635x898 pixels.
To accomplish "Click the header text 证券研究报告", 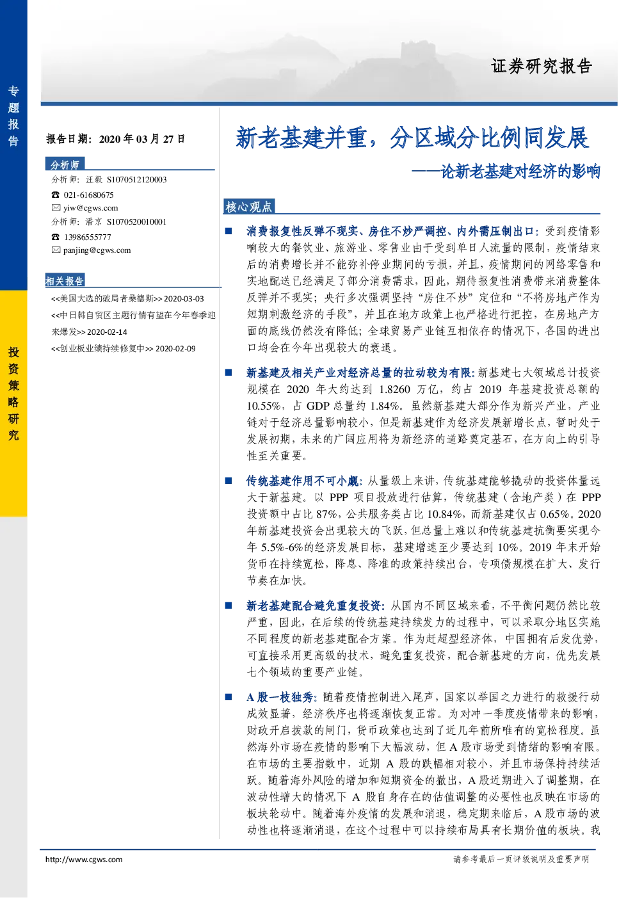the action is (542, 66).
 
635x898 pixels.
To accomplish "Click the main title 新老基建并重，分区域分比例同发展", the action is (412, 138).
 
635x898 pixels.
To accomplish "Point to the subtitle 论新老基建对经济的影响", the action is (520, 172).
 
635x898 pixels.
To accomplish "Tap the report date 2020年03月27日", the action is (142, 139).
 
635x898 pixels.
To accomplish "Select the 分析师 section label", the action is (65, 164).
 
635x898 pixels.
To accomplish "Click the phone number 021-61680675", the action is (88, 195).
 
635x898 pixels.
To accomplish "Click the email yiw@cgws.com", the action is (91, 207).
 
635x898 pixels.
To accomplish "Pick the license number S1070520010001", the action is (136, 221).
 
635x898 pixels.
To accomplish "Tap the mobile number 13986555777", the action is (88, 237).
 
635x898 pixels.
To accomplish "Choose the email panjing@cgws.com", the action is (97, 250).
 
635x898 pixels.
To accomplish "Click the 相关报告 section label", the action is (65, 281).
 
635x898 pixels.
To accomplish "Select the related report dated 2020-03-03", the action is (127, 299).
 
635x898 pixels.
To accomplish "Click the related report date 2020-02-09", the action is (175, 349).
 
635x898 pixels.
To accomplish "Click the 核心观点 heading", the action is (248, 207).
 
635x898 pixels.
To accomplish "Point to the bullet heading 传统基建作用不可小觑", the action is (304, 481).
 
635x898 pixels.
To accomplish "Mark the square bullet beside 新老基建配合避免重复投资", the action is (229, 605).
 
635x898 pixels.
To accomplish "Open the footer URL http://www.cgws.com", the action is (84, 860).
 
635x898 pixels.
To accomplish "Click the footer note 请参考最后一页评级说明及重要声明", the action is (521, 859).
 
